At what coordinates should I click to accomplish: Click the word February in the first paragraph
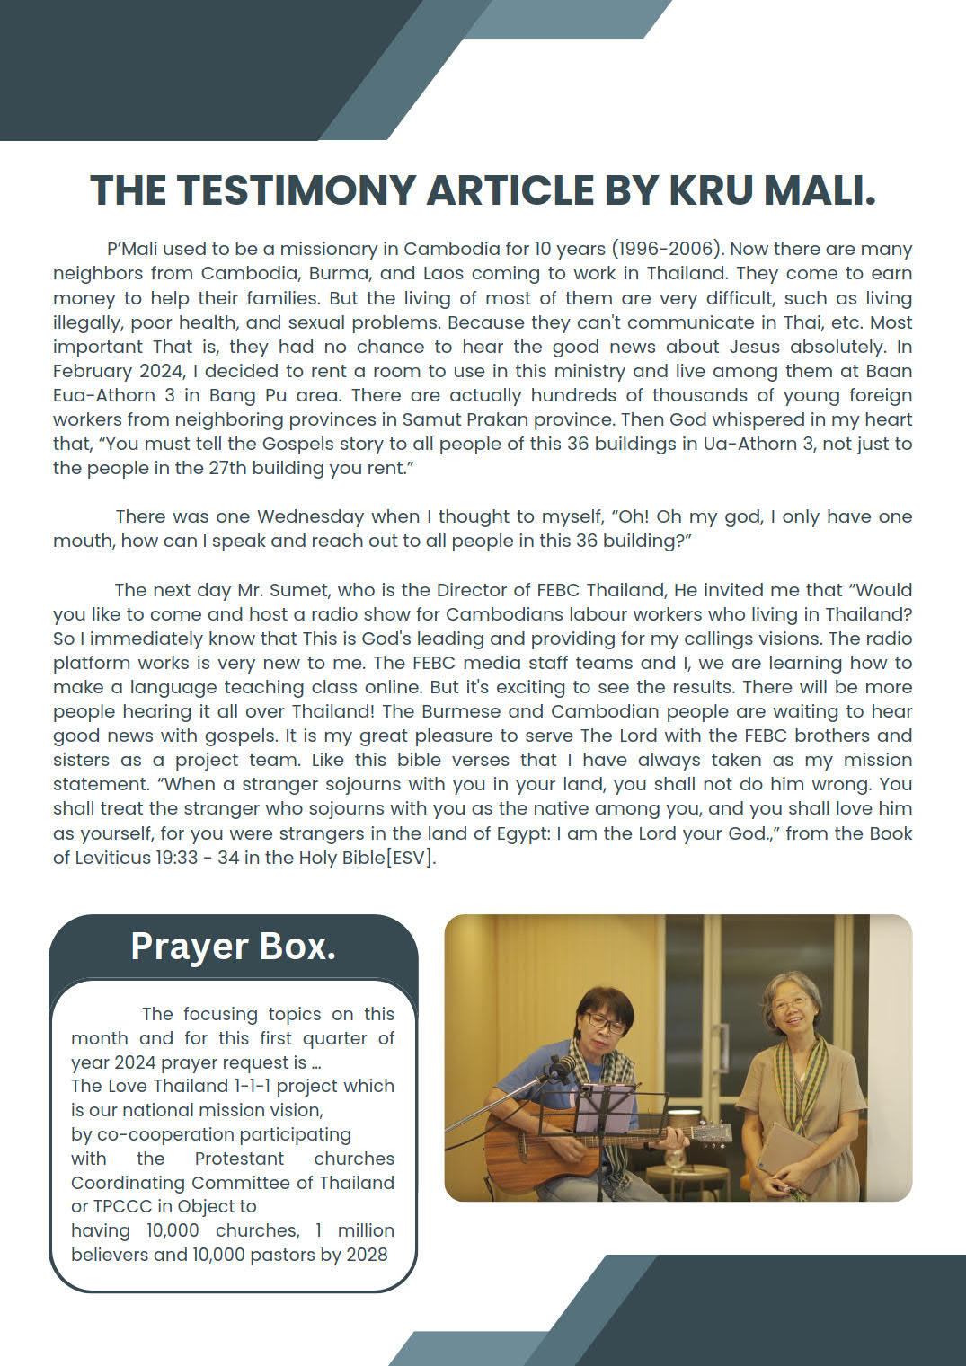tap(93, 371)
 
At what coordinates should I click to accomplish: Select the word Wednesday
tap(310, 516)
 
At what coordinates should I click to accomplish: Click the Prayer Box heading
tap(234, 946)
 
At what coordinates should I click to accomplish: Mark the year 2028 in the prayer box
tap(367, 1255)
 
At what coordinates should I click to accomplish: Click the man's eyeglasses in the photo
tap(605, 1022)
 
